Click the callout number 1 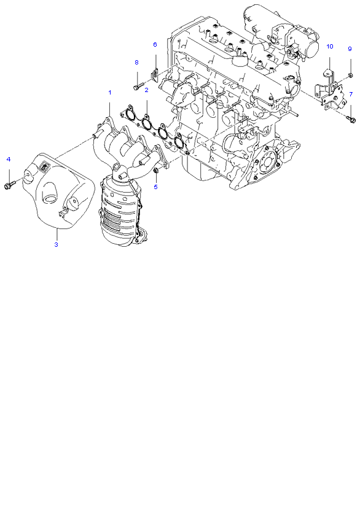click(109, 93)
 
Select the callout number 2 click(146, 90)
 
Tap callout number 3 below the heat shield click(57, 244)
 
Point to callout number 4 click(9, 159)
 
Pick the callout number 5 click(155, 187)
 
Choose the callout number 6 click(155, 44)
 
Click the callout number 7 click(351, 94)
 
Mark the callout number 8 click(136, 63)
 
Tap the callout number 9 click(350, 48)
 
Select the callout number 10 click(330, 47)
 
